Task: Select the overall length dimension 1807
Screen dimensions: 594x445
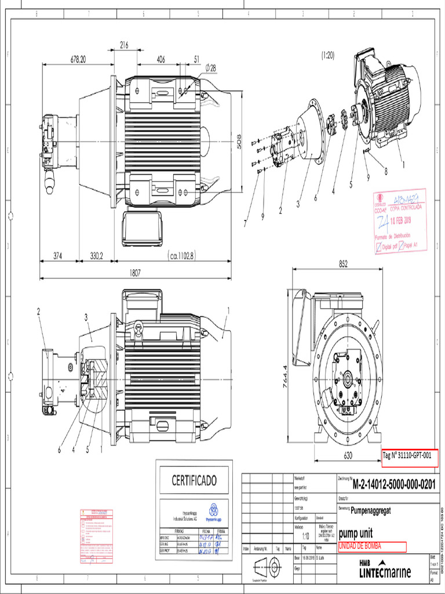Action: (x=136, y=271)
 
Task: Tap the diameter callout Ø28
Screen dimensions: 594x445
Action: (x=210, y=68)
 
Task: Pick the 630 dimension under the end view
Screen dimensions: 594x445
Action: (x=348, y=456)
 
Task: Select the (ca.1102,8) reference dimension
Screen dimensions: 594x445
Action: (x=189, y=255)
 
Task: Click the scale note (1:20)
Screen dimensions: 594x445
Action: (x=327, y=55)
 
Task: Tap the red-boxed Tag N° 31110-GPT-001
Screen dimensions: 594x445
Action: (x=409, y=455)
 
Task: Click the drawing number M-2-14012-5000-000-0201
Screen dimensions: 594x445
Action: (x=394, y=484)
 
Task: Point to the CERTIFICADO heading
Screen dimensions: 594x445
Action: (x=194, y=480)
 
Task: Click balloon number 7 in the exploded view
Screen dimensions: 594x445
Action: (x=245, y=222)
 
